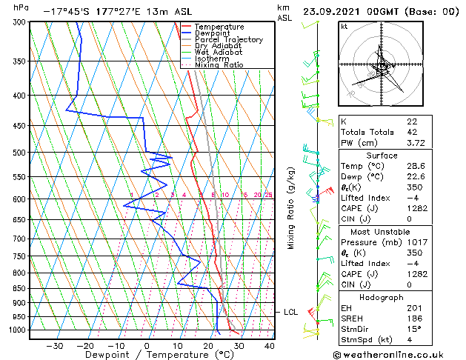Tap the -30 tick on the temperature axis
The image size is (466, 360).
point(54,346)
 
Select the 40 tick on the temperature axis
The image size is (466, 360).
point(269,346)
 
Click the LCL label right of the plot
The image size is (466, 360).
point(291,313)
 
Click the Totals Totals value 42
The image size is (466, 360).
point(411,132)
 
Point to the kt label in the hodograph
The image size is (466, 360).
point(344,26)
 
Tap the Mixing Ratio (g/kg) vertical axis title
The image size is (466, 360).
point(292,207)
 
